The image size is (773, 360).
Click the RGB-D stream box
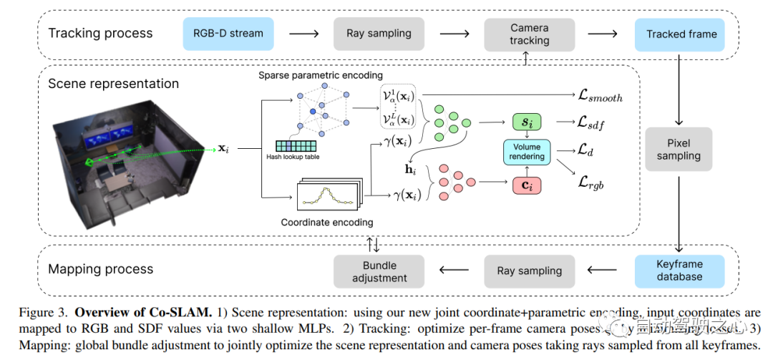click(x=228, y=34)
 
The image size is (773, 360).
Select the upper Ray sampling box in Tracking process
click(x=379, y=34)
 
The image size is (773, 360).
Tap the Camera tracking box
click(x=529, y=34)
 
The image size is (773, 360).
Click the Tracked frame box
click(x=681, y=34)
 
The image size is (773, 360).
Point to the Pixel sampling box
click(x=679, y=150)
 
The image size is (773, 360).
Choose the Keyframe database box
click(x=679, y=271)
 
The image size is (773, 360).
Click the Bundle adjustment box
click(x=379, y=271)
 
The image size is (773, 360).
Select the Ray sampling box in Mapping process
click(x=529, y=271)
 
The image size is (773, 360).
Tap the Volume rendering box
click(x=527, y=152)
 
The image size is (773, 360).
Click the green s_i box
click(x=527, y=122)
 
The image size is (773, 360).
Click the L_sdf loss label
click(x=591, y=122)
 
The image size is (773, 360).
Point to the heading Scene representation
click(x=113, y=84)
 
